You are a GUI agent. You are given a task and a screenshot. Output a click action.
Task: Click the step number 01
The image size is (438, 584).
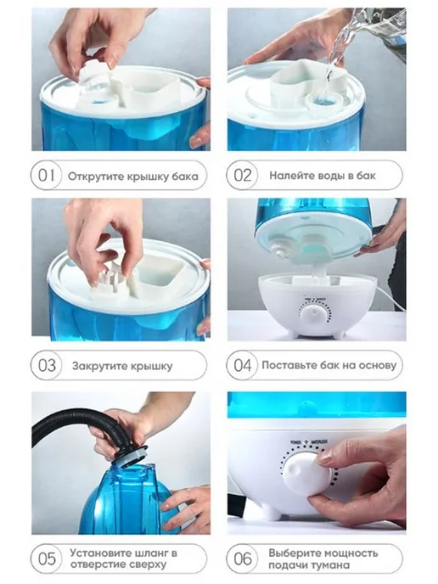(46, 175)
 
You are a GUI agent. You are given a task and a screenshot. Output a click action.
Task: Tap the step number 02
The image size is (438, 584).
(243, 175)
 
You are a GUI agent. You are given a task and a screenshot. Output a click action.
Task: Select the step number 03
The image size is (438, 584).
(47, 365)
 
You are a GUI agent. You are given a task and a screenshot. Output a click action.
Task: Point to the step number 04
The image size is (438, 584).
(243, 365)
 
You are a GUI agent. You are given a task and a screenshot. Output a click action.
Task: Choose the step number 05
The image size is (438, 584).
(47, 559)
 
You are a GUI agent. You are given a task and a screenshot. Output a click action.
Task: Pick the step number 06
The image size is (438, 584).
(243, 559)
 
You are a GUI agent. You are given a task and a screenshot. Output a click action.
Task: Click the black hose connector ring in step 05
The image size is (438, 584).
(131, 454)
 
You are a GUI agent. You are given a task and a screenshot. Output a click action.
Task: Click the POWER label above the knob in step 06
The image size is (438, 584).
(296, 442)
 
